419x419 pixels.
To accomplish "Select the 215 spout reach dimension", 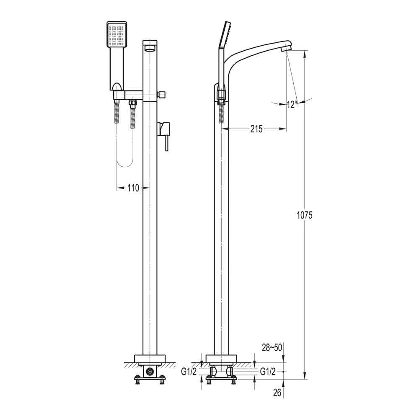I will [256, 129].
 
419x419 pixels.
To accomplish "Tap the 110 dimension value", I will [133, 188].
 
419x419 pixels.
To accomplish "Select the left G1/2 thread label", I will [189, 371].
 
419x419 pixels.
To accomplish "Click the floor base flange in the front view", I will [150, 359].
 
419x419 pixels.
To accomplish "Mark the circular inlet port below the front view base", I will [150, 371].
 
